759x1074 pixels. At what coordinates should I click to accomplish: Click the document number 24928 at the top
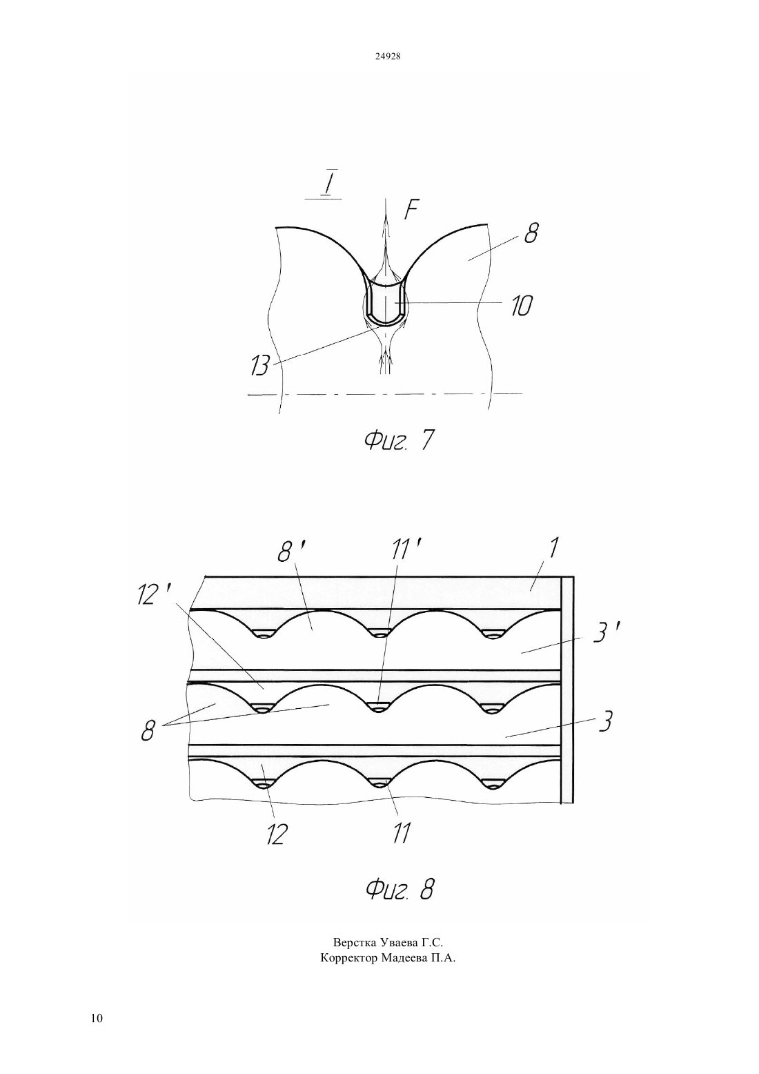[388, 57]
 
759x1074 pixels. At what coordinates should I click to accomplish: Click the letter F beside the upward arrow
[411, 209]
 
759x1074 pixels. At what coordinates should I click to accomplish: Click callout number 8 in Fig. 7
[531, 233]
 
